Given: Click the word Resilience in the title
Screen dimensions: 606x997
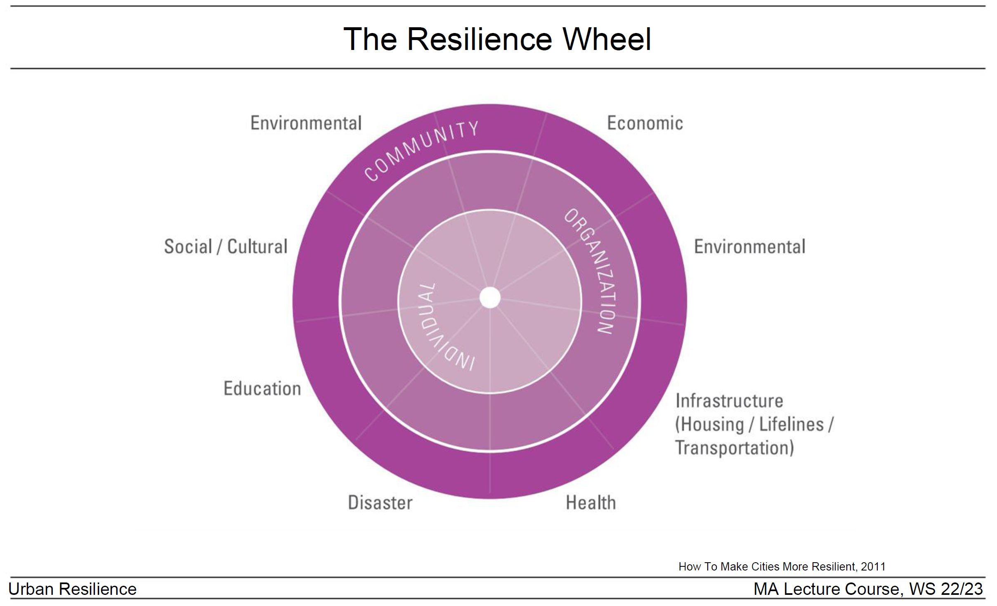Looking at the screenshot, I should pyautogui.click(x=480, y=39).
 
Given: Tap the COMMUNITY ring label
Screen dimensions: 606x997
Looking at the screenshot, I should pyautogui.click(x=421, y=150).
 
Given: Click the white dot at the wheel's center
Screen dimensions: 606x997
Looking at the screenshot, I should pyautogui.click(x=490, y=298).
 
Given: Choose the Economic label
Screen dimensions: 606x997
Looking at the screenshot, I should pyautogui.click(x=645, y=123).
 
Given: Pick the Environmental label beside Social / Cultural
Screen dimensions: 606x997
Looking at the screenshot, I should pyautogui.click(x=306, y=123).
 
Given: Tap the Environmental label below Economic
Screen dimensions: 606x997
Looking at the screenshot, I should pyautogui.click(x=749, y=246).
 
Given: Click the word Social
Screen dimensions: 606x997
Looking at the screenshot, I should pyautogui.click(x=188, y=246).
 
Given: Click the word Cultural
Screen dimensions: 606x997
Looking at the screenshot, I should pyautogui.click(x=257, y=246).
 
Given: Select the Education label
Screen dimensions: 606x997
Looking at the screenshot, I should pyautogui.click(x=262, y=388).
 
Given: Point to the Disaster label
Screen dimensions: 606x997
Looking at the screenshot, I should pyautogui.click(x=380, y=502).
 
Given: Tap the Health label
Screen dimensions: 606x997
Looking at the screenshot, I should pyautogui.click(x=591, y=502).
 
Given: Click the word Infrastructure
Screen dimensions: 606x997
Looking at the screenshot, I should pyautogui.click(x=729, y=400).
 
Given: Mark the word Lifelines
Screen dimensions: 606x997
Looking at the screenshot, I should pyautogui.click(x=791, y=424).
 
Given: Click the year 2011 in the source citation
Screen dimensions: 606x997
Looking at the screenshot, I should pyautogui.click(x=873, y=566).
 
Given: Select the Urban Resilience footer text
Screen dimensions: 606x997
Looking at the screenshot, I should pyautogui.click(x=73, y=589).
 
